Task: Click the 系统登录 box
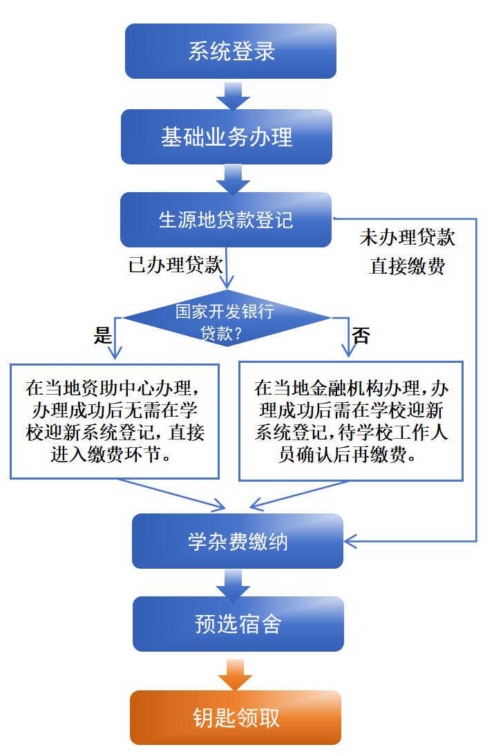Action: pos(231,51)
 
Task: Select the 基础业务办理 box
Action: pos(227,136)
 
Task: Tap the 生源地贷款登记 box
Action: pos(226,220)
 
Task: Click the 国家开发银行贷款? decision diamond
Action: pos(226,319)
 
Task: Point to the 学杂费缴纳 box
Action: pos(238,541)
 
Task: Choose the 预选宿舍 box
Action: pos(238,624)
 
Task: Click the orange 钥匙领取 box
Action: pos(236,717)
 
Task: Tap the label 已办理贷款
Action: pos(176,265)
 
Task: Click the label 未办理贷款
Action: pos(407,238)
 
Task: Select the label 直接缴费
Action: pos(407,267)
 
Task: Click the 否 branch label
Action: pos(361,336)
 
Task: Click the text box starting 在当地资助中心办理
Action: pos(115,421)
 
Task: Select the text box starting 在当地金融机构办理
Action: pos(351,421)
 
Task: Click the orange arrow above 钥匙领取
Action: pos(236,674)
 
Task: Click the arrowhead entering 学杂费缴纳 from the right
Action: pos(350,540)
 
